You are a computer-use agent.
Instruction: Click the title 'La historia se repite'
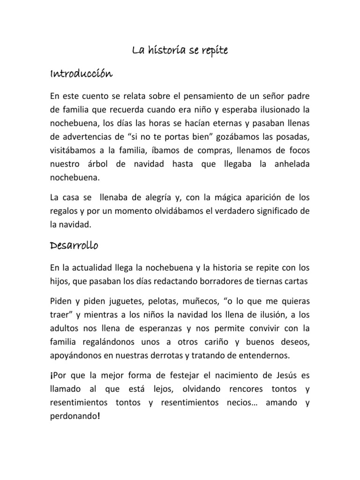tap(180, 51)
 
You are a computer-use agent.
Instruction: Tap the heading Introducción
tap(81, 74)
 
